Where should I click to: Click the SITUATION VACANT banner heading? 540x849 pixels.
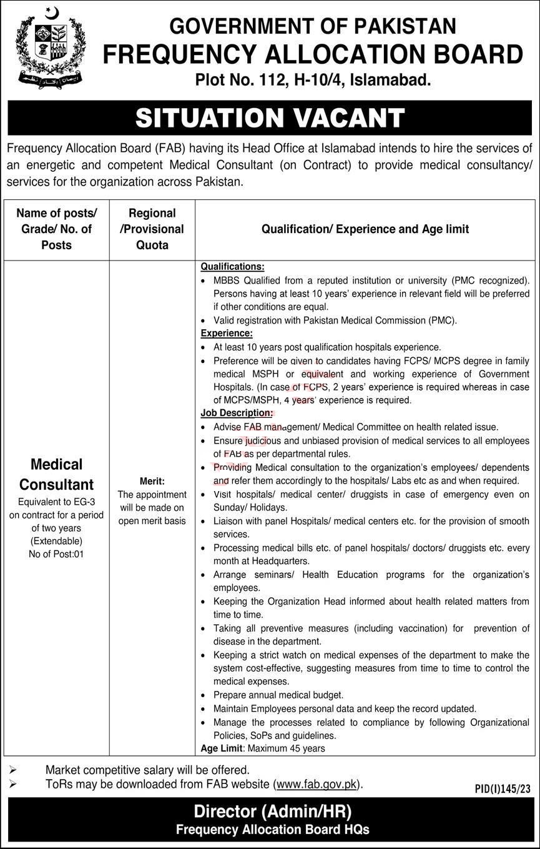pos(270,118)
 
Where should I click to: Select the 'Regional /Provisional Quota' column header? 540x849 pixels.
pos(152,229)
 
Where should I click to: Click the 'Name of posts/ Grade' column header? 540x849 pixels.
pos(57,229)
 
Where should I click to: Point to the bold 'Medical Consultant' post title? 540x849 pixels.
pos(57,474)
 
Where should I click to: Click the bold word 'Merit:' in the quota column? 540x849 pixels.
pos(152,481)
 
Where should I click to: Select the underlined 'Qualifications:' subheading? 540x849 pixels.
pos(232,267)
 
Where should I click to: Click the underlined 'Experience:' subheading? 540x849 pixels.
pos(226,334)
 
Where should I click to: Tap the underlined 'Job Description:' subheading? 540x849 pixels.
pos(236,414)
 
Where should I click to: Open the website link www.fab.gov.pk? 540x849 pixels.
pos(317,783)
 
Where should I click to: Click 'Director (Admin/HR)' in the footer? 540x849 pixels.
pos(272,812)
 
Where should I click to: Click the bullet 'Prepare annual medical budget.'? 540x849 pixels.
pos(278,695)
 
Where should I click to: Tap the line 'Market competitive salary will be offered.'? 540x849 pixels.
pos(147,770)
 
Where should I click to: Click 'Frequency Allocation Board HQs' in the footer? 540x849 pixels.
pos(272,830)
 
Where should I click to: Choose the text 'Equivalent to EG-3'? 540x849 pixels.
pos(57,502)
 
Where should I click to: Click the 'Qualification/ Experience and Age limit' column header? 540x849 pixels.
pos(365,229)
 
